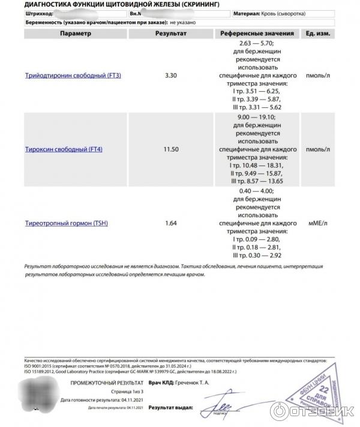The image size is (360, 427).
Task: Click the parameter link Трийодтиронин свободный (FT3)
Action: (73, 77)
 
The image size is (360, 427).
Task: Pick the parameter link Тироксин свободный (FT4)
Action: (64, 149)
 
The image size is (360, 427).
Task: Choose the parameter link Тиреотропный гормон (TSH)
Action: (67, 224)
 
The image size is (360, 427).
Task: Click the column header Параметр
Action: (76, 34)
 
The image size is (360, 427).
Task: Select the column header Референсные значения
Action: (257, 34)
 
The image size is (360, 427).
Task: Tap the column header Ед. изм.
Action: (317, 34)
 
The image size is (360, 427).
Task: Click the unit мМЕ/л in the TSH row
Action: (317, 224)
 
